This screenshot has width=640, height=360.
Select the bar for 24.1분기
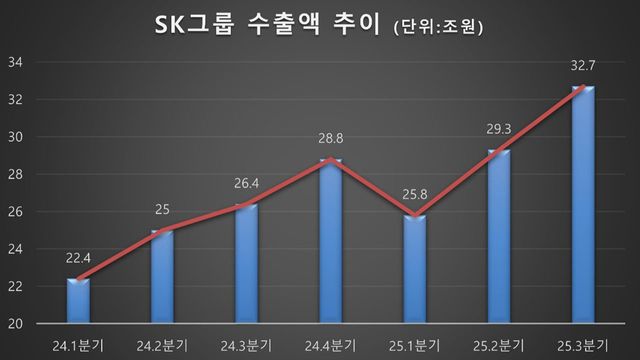tap(78, 301)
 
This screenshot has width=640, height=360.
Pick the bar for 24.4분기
tap(330, 241)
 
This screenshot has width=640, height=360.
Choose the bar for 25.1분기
tap(414, 269)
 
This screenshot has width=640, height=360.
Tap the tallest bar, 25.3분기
tap(582, 205)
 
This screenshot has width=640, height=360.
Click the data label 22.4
tap(78, 260)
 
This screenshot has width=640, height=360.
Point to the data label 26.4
tap(246, 184)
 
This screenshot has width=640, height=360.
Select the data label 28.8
tap(330, 139)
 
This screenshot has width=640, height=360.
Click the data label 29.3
tap(498, 130)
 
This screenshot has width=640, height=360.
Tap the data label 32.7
tap(582, 66)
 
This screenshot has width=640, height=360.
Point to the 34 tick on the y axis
tap(16, 63)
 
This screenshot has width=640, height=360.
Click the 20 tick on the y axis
tap(16, 324)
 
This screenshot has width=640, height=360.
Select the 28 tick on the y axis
tap(16, 175)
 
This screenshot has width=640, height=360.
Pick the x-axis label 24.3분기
tap(246, 343)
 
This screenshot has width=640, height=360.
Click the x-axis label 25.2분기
tap(498, 343)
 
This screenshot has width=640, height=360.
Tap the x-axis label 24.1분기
tap(78, 343)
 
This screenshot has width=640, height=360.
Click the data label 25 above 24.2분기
tap(162, 211)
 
